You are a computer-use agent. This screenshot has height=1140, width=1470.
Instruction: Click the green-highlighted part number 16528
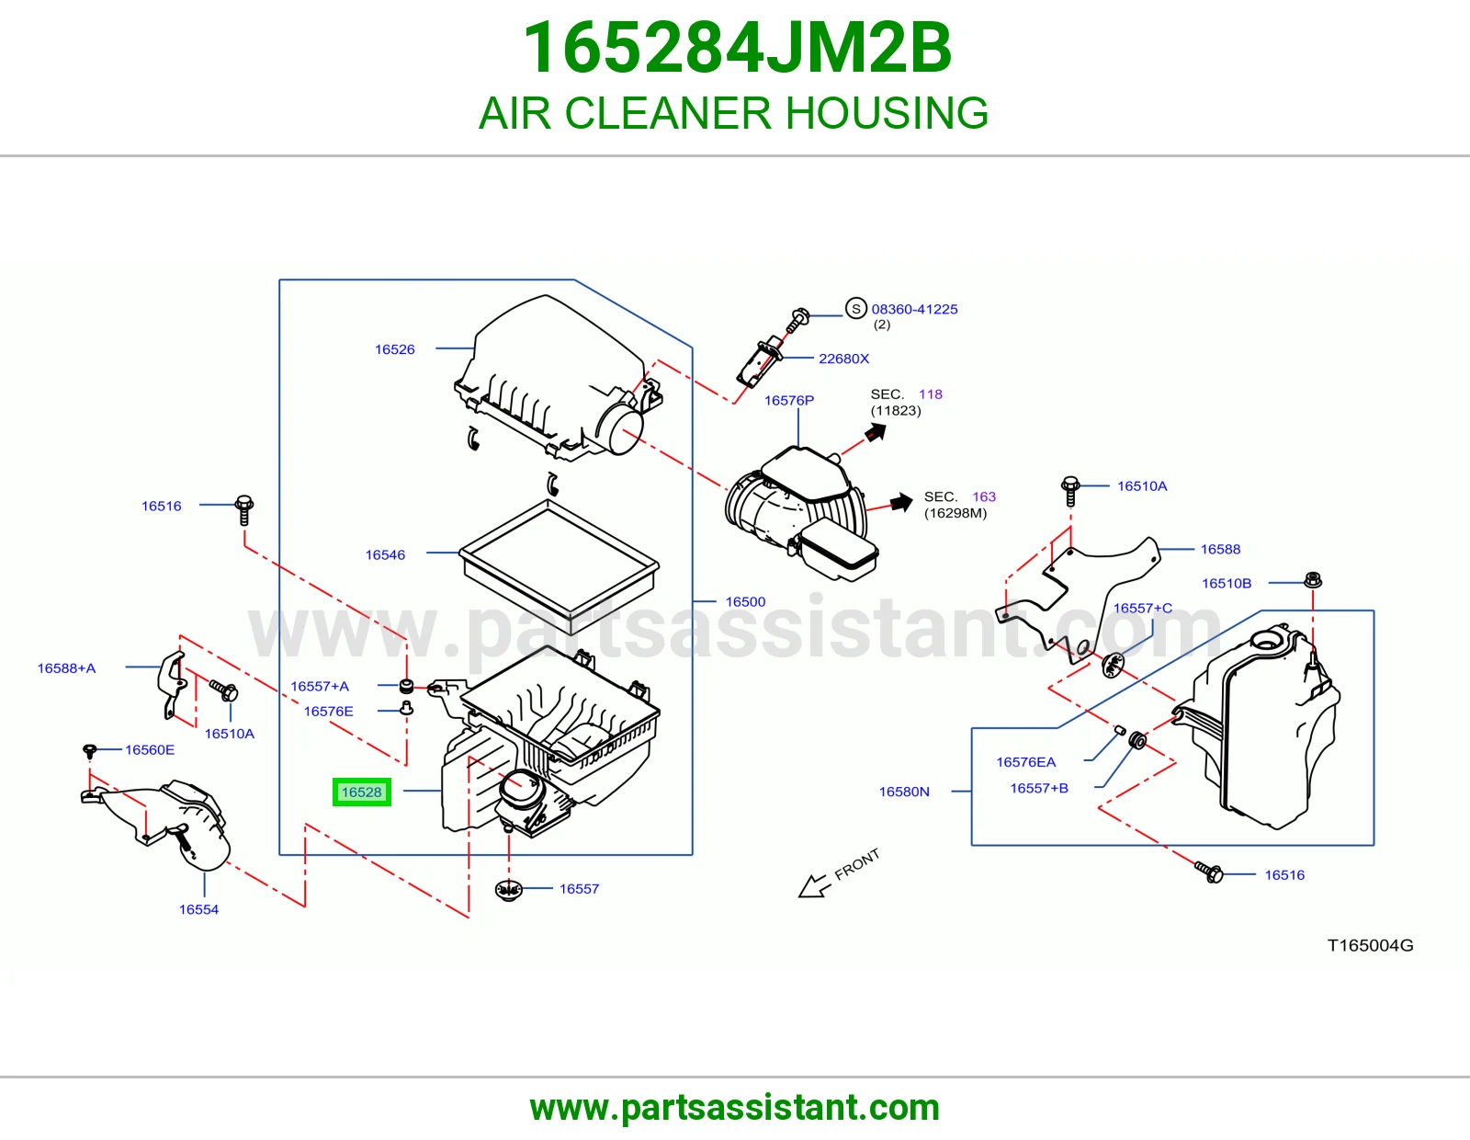pos(362,792)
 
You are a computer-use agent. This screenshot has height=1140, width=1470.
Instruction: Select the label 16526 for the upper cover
pos(395,349)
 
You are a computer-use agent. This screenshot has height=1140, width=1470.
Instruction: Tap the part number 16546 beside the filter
pos(386,555)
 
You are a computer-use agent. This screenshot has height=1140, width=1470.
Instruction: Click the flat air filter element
pos(559,567)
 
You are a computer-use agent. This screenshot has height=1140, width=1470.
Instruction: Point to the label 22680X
pos(843,359)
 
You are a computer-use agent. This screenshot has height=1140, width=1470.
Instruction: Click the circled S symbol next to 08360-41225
pos(855,309)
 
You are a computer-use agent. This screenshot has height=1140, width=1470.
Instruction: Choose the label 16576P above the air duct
pos(789,400)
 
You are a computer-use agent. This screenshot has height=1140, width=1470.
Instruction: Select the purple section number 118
pos(930,394)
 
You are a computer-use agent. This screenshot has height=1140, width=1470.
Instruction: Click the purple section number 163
pos(984,496)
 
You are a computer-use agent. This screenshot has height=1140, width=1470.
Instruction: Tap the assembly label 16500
pos(745,602)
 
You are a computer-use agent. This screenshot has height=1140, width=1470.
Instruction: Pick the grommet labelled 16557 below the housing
pos(509,890)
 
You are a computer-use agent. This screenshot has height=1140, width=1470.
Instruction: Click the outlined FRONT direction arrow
pos(813,885)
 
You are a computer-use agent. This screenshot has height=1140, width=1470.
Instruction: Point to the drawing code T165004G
pos(1370,946)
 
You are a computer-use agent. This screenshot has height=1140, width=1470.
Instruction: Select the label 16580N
pos(904,792)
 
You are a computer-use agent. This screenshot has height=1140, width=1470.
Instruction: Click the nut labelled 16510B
pos(1312,580)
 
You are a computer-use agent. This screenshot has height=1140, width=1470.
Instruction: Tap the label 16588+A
pos(66,668)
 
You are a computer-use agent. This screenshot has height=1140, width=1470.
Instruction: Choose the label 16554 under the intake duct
pos(198,910)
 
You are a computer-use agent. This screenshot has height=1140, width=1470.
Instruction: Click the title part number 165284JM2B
pos(737,48)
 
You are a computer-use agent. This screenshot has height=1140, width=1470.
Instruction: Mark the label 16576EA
pos(1025,762)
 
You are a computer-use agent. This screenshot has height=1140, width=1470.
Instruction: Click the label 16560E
pos(150,750)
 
